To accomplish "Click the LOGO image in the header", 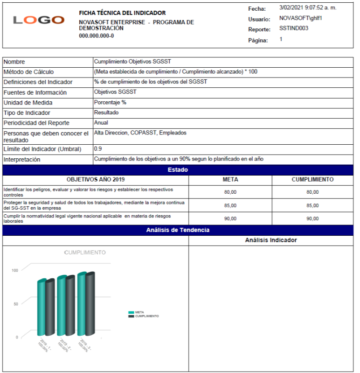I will tap(39, 20).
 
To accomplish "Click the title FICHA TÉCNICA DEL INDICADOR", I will tap(122, 13).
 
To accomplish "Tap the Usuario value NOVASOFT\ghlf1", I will tap(301, 18).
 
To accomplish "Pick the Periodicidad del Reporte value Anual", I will tap(101, 123).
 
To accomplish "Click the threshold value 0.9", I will tap(98, 148).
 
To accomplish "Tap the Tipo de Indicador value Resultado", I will tap(106, 113).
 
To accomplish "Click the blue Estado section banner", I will tap(178, 170).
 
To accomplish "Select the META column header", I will tap(230, 180).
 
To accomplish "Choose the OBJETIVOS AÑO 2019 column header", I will tap(96, 180).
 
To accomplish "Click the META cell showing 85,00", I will tap(230, 205).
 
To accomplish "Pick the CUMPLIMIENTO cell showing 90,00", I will tap(312, 218).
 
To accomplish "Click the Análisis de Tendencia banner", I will tap(178, 230).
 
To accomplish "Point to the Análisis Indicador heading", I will tap(271, 240).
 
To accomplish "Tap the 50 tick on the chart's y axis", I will tap(16, 304).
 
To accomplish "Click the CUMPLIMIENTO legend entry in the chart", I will tap(146, 316).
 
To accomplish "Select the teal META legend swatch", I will tap(131, 312).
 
